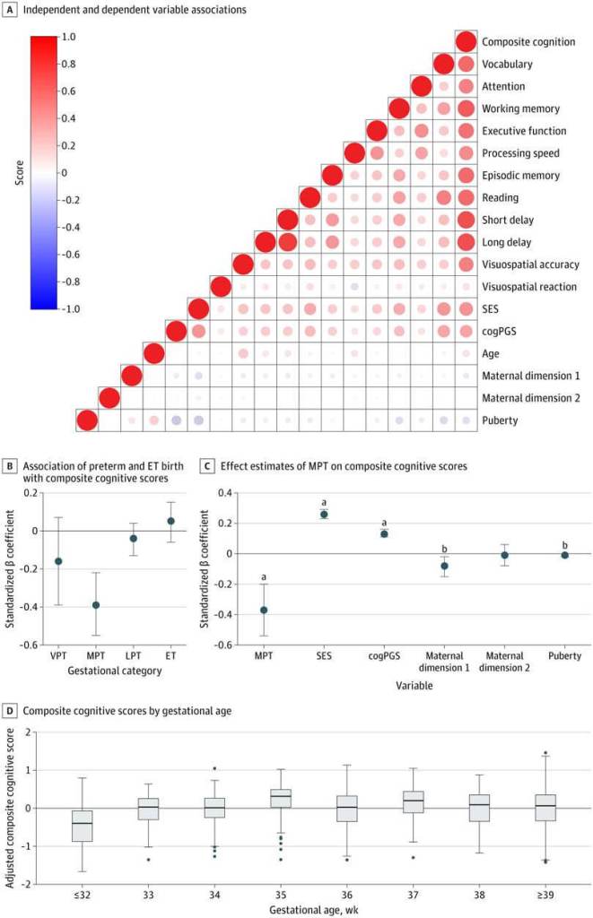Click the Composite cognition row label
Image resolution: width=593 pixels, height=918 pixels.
point(521,42)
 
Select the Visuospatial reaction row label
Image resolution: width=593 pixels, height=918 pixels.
point(528,287)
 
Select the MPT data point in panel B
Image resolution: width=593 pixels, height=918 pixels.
point(96,605)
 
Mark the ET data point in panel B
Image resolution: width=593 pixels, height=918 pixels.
point(170,521)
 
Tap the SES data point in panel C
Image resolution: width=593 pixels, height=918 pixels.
point(324,515)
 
